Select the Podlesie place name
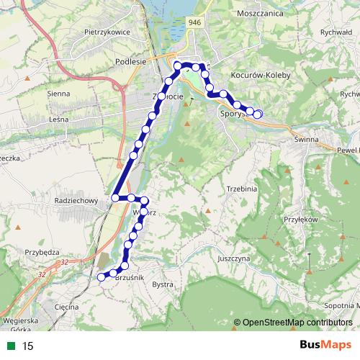(x=131, y=62)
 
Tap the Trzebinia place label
(x=241, y=189)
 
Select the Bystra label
(x=163, y=284)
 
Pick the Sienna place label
(x=58, y=94)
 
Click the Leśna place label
(x=59, y=119)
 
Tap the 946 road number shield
(x=194, y=23)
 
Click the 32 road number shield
(x=42, y=274)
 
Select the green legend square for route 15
(x=9, y=346)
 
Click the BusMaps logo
(x=320, y=346)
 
